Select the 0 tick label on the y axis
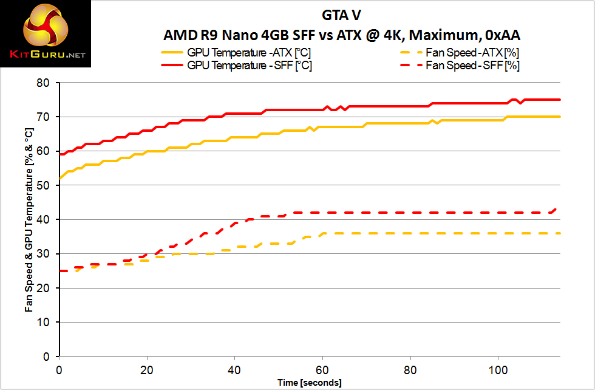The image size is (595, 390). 49,357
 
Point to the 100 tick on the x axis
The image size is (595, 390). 498,369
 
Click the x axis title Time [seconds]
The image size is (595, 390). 309,383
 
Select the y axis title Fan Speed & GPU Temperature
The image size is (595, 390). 29,219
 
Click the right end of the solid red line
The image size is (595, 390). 559,100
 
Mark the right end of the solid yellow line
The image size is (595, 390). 559,117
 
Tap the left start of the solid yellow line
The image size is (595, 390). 59,179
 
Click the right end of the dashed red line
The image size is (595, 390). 556,209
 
